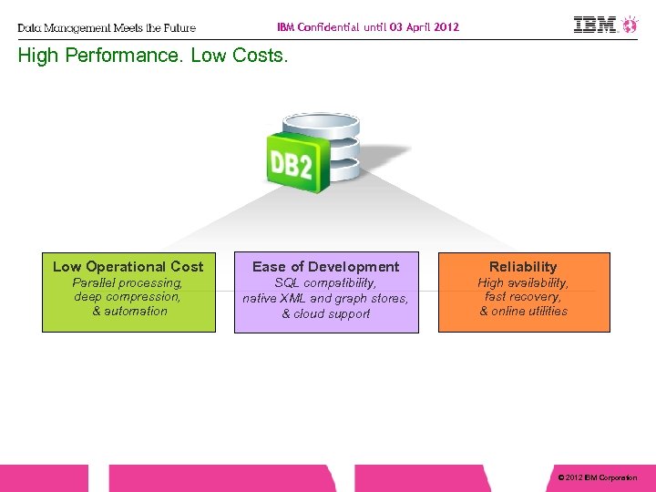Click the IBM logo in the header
595,25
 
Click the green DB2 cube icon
292,164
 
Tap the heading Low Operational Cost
128,266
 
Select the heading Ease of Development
325,266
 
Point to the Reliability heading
523,266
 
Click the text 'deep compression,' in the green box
128,297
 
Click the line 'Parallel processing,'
128,282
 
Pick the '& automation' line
129,312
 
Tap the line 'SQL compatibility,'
325,283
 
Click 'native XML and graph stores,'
325,298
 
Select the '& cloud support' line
325,314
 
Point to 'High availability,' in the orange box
523,282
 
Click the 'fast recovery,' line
523,297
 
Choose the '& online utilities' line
523,312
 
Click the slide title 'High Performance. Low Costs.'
153,56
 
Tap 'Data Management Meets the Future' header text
107,27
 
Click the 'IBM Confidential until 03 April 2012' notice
368,26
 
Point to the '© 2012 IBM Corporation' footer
597,477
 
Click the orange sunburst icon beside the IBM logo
630,25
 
